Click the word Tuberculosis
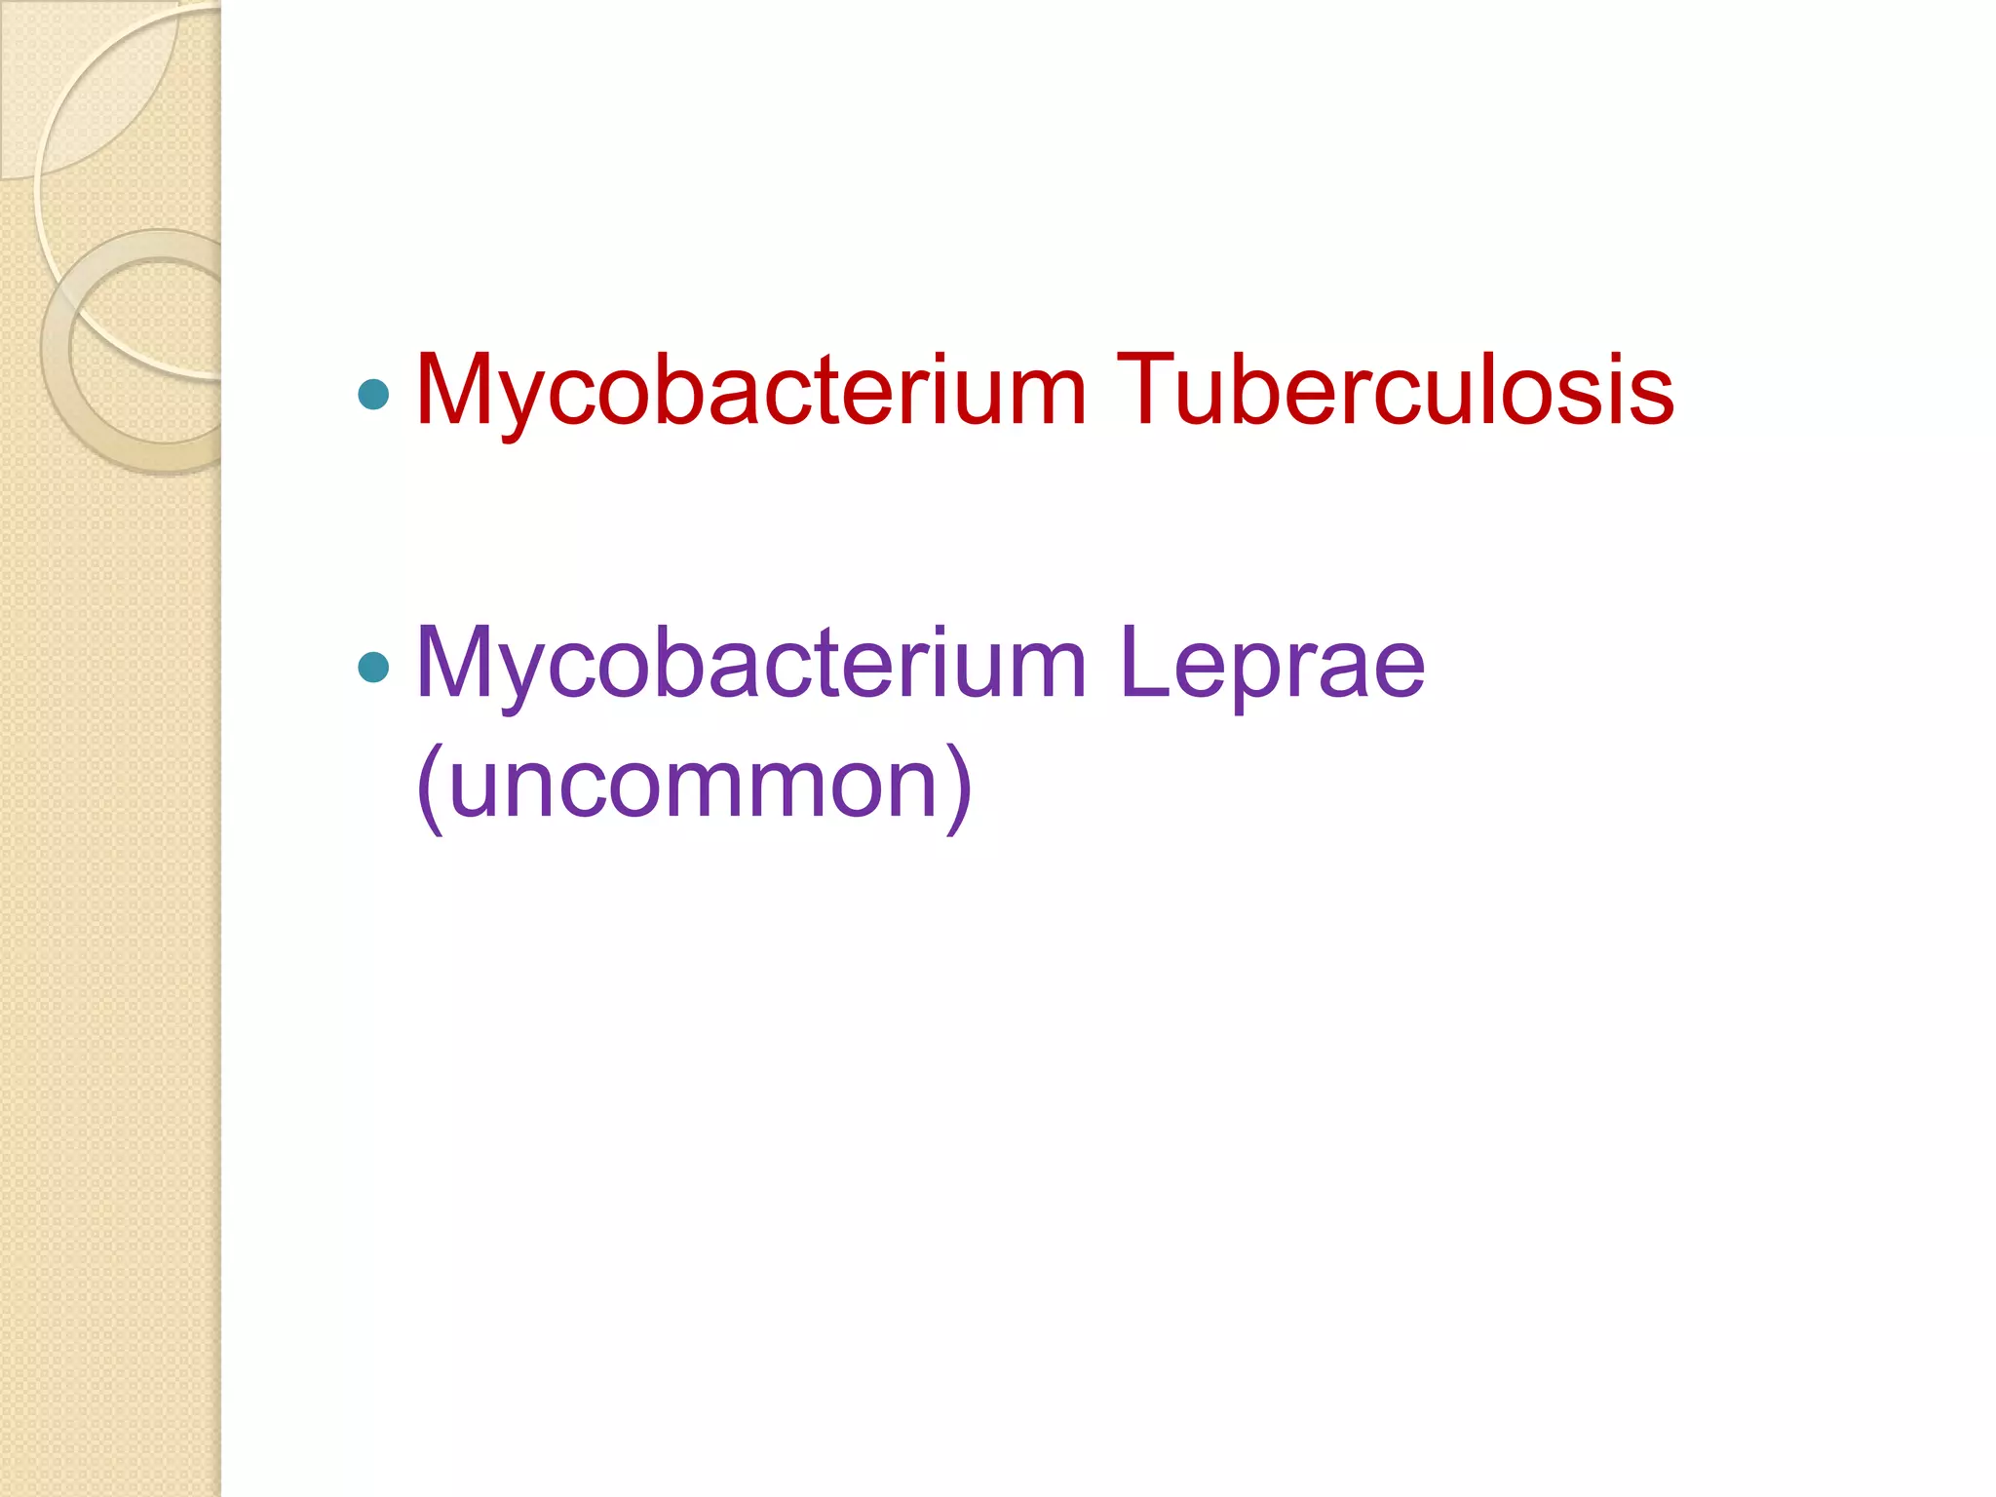tap(1395, 390)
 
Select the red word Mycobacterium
tap(750, 390)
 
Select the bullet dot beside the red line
tap(373, 394)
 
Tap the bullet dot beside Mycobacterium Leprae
tap(373, 668)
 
